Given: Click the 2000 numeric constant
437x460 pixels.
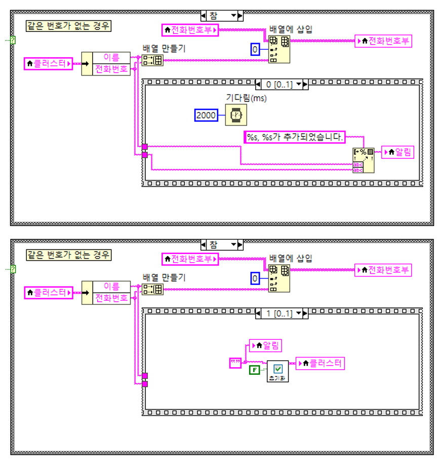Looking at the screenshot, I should (x=206, y=116).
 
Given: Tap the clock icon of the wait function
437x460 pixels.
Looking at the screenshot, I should (x=236, y=116).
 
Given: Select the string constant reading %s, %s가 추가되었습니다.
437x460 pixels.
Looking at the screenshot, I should (x=294, y=136).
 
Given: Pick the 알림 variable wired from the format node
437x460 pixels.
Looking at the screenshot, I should (x=398, y=151).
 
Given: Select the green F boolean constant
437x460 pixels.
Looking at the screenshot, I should (x=255, y=370).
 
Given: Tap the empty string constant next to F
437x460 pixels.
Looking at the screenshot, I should (x=235, y=363).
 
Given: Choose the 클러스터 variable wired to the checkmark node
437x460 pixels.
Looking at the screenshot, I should (x=320, y=363).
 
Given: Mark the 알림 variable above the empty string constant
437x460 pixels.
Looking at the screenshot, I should (x=266, y=346).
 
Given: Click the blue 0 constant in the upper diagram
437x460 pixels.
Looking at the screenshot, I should (x=256, y=49).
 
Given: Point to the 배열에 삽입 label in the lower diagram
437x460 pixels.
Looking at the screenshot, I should (x=291, y=258).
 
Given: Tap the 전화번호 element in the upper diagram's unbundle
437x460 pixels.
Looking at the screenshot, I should (x=111, y=69).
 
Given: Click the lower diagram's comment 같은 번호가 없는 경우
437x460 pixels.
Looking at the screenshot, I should (x=68, y=254).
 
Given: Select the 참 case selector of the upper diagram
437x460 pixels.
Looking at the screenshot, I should (x=221, y=16).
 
